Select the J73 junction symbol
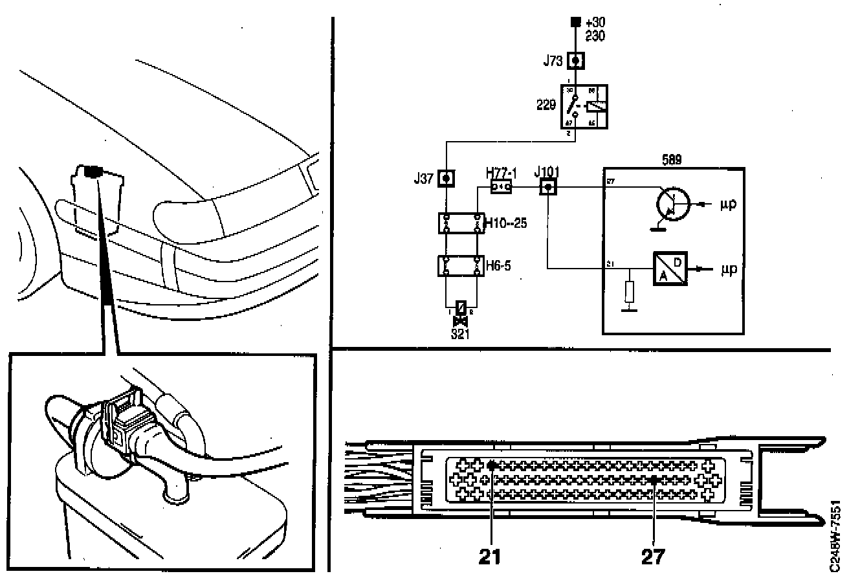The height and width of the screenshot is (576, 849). pos(576,61)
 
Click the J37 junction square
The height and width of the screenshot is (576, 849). pos(445,177)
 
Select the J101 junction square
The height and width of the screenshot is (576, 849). pos(549,188)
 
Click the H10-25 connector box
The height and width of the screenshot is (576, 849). pos(461,223)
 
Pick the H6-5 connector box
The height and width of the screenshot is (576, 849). pos(461,265)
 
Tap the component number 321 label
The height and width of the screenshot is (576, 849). pos(461,334)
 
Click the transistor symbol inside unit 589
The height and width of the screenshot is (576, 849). pos(671,205)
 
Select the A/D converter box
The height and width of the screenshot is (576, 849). pos(669,267)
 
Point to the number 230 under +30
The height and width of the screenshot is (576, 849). pos(594,36)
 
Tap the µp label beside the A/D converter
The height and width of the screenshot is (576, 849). pos(729,267)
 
